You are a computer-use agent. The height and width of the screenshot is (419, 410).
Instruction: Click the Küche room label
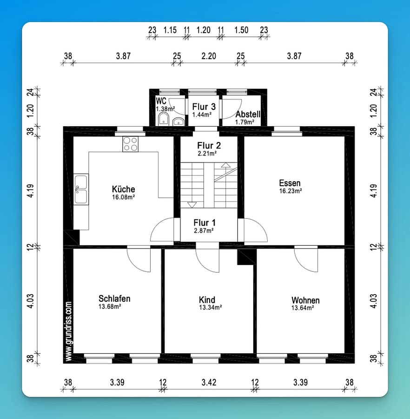click(x=123, y=189)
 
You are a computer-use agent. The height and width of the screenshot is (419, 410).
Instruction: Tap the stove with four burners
click(x=131, y=144)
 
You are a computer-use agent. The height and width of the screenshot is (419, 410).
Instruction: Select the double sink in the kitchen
click(x=81, y=189)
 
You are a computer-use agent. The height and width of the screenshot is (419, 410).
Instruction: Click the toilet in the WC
click(x=164, y=119)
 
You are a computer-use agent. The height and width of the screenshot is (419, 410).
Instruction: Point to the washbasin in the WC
click(x=178, y=122)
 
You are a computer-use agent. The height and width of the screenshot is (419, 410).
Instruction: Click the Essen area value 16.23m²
click(x=291, y=191)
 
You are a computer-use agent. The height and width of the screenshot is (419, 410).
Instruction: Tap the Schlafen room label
click(x=114, y=298)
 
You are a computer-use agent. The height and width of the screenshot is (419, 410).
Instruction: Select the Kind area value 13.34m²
click(x=211, y=307)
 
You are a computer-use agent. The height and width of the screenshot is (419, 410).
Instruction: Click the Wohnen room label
click(x=305, y=300)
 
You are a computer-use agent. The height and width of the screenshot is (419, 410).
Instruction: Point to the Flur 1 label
click(x=205, y=223)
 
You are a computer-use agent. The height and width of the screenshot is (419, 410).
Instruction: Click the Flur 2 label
click(x=209, y=145)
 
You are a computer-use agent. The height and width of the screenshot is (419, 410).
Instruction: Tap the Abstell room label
click(x=248, y=114)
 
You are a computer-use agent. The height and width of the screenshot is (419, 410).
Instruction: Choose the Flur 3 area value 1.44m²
click(x=202, y=115)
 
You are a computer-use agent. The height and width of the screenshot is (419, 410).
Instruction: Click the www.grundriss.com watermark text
click(x=68, y=331)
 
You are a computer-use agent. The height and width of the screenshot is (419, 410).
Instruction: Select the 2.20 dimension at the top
click(x=209, y=56)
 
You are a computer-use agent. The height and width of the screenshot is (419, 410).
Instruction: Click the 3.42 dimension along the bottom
click(x=209, y=382)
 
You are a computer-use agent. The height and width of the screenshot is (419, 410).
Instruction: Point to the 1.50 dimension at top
click(x=241, y=30)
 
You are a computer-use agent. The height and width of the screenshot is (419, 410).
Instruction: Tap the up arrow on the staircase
click(x=225, y=165)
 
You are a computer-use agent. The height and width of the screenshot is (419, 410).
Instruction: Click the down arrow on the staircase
click(x=192, y=205)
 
